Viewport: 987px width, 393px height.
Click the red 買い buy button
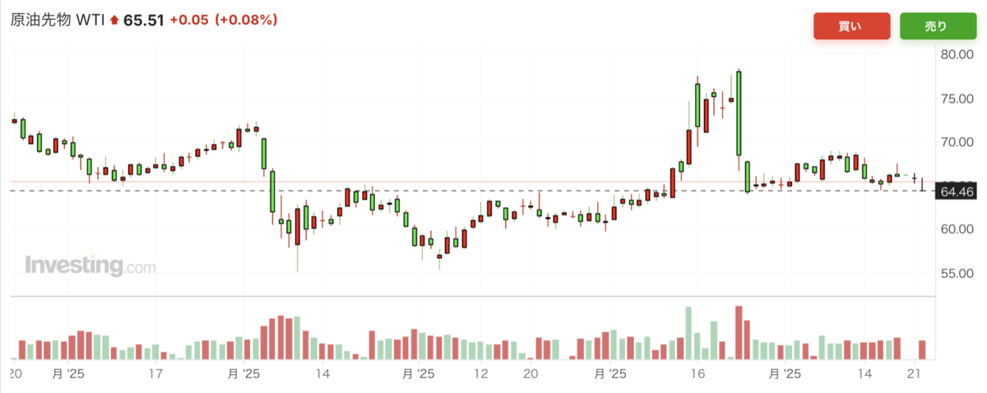[x=851, y=26]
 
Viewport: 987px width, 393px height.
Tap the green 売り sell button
[x=938, y=26]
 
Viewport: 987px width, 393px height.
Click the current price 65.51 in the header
[x=144, y=21]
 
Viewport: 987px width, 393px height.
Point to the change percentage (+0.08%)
[x=246, y=20]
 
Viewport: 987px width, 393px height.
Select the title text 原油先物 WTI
[x=58, y=20]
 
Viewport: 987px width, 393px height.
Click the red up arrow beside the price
[x=114, y=20]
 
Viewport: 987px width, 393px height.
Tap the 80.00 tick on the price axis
[x=957, y=54]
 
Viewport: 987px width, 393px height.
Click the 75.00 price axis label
[x=957, y=99]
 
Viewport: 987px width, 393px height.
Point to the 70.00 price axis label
[x=957, y=142]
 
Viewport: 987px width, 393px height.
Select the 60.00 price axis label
[x=957, y=229]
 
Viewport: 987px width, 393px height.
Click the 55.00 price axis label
[x=957, y=273]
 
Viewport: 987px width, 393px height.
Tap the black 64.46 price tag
[x=957, y=192]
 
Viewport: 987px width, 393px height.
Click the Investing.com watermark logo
[x=90, y=266]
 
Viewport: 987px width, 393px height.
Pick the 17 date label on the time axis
[x=155, y=374]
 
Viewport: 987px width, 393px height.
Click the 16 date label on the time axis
[x=697, y=374]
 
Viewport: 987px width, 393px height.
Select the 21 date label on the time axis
[x=914, y=374]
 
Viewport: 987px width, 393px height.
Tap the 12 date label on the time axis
[x=480, y=374]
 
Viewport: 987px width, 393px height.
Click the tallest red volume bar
[x=739, y=333]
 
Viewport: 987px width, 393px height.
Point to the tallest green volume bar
[x=688, y=333]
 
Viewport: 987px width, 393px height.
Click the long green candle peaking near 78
[x=739, y=113]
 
